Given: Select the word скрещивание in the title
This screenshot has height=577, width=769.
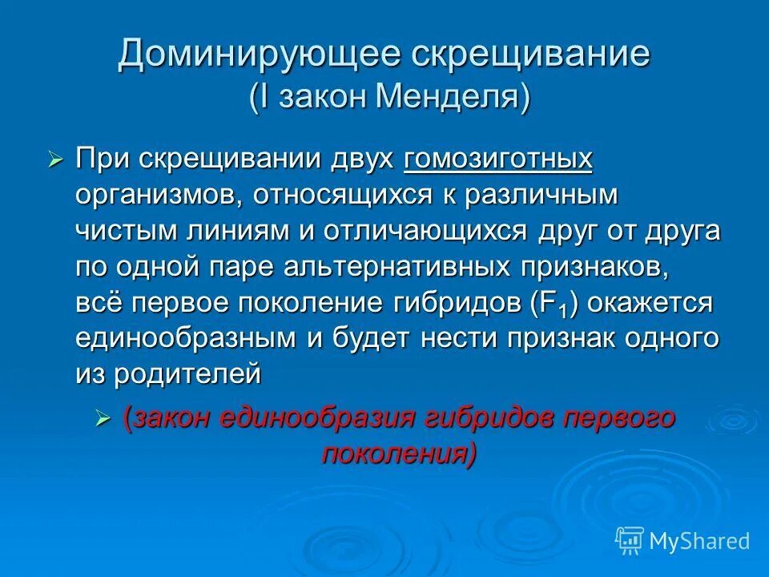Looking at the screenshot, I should tap(530, 54).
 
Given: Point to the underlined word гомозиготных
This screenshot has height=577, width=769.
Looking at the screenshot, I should tap(498, 158).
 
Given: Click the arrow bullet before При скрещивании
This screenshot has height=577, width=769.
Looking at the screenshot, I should tap(54, 160).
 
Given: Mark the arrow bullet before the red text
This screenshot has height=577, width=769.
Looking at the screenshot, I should tap(102, 419).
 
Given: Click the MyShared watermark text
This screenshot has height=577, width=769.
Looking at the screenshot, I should tap(699, 541).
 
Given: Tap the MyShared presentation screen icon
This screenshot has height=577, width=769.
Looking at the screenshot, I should tap(630, 540).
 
